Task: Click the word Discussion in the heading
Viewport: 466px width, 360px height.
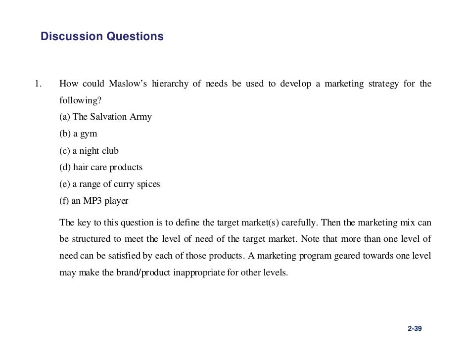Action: click(71, 37)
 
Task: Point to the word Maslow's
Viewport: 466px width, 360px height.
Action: click(129, 84)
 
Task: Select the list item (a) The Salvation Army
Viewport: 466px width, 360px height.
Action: click(105, 117)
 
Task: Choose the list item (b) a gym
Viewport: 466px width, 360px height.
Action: click(78, 134)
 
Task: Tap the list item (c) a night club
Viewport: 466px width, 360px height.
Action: click(89, 151)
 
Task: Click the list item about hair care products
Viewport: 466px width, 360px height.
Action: click(101, 168)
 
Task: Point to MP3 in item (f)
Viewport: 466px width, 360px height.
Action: click(95, 201)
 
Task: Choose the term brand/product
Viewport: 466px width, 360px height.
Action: click(143, 273)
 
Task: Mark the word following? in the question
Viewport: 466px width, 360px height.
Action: click(80, 100)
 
